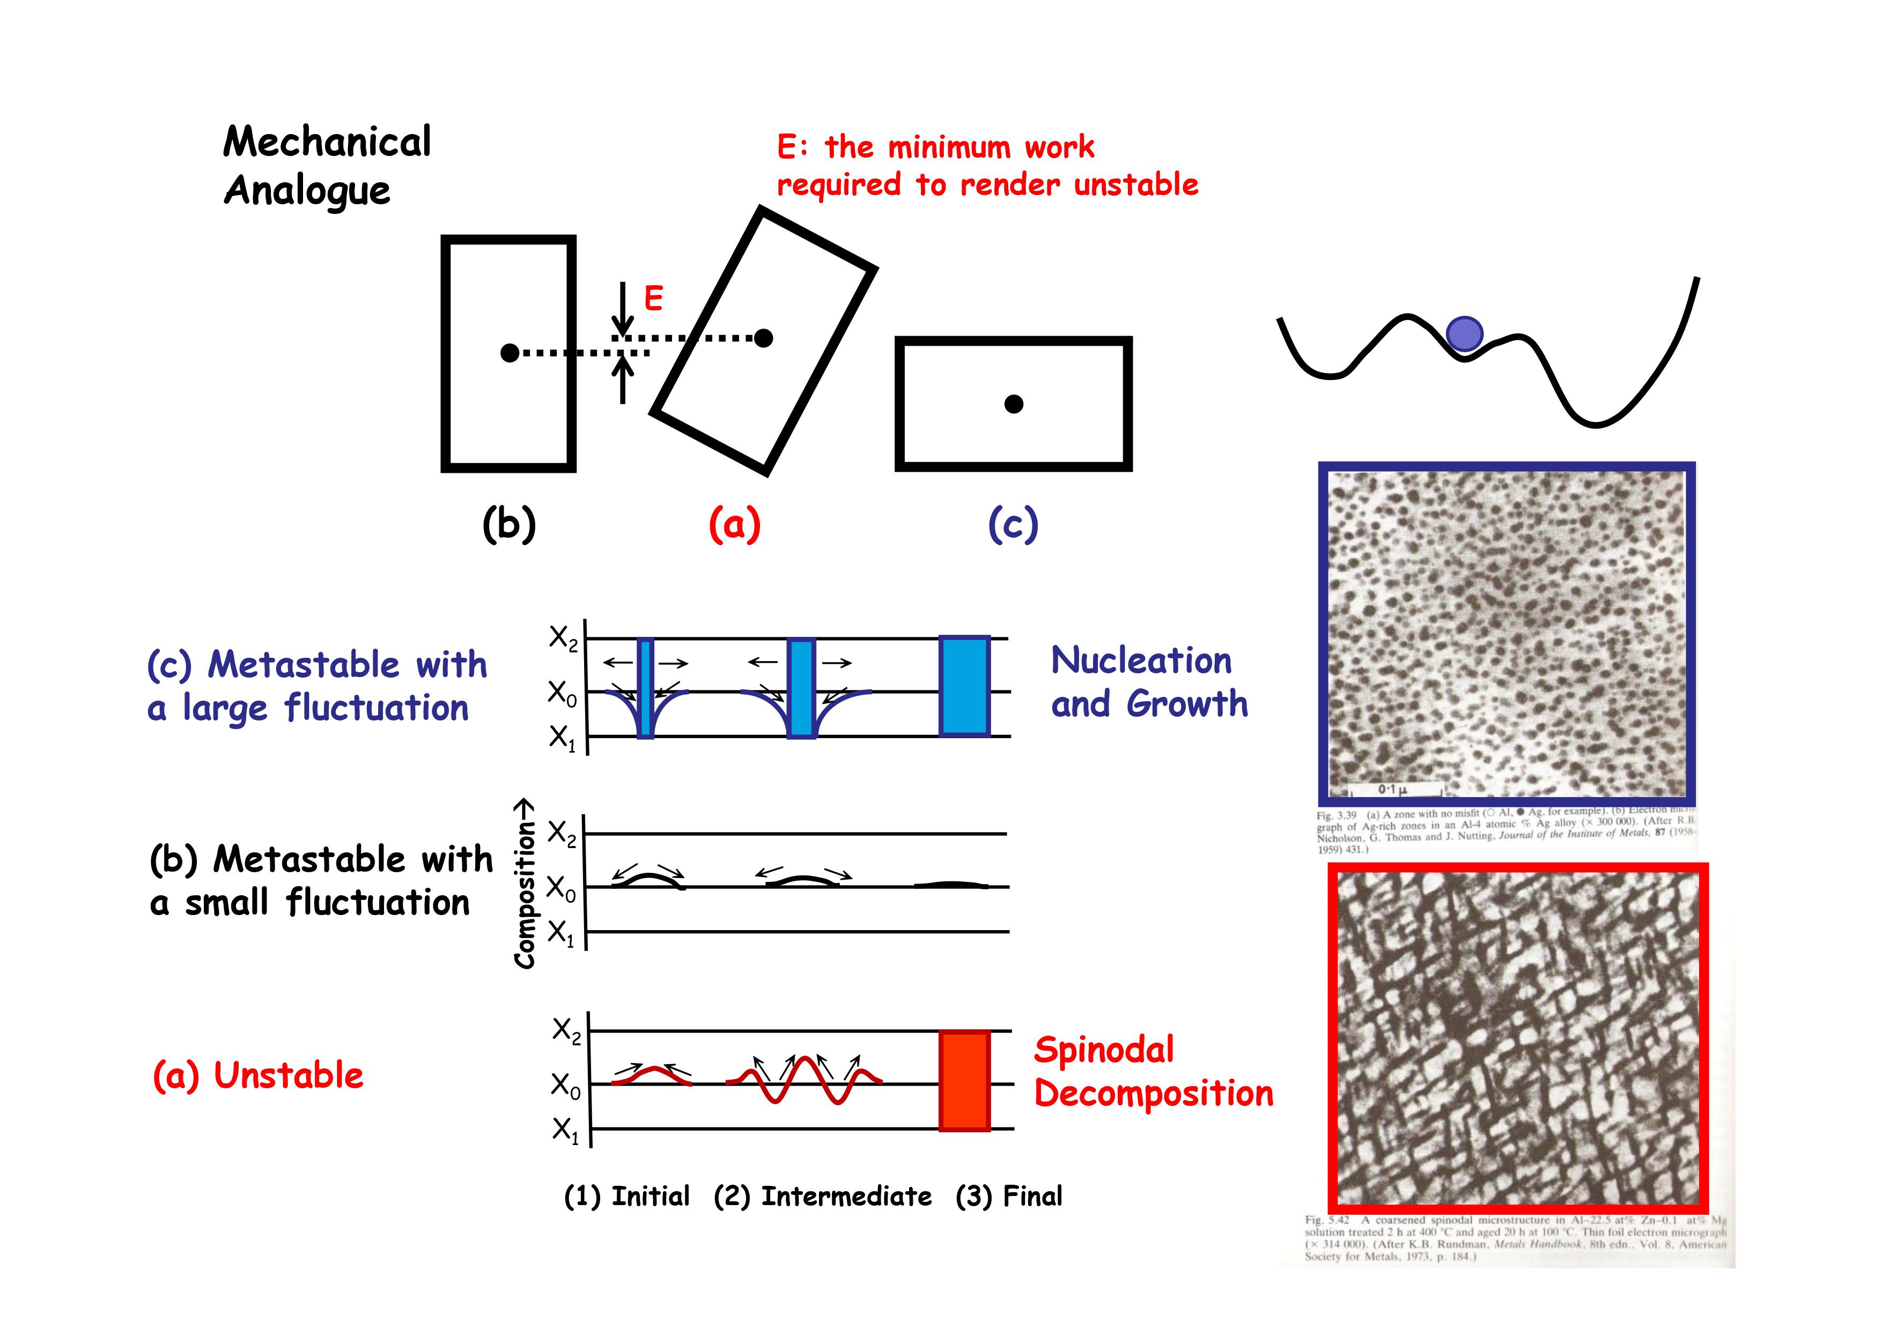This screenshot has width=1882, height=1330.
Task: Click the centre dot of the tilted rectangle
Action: [763, 338]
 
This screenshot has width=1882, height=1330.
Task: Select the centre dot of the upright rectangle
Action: [509, 353]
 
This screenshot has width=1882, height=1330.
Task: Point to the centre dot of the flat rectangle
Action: [1014, 404]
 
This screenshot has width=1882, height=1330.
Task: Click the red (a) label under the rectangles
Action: [734, 524]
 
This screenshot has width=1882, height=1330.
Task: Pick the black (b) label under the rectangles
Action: [509, 524]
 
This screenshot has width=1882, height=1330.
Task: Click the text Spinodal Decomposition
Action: [1153, 1072]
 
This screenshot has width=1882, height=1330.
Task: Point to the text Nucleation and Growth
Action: [1148, 682]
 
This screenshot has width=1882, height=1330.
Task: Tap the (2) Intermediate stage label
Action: [822, 1197]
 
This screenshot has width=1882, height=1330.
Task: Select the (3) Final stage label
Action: [1008, 1197]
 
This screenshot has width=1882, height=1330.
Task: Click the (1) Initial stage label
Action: [627, 1197]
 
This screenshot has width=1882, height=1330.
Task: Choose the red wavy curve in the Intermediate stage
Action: [803, 1080]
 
